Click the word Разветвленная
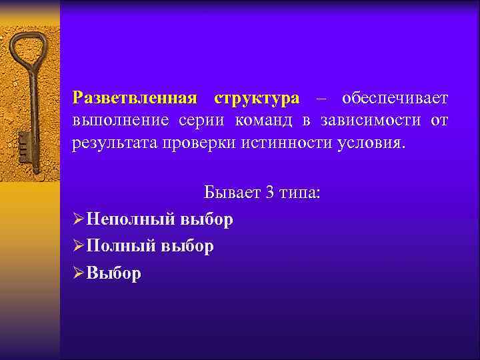pos(135,99)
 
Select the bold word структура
pos(257,99)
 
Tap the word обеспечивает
pos(395,99)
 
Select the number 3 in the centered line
pos(269,193)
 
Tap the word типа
pos(299,193)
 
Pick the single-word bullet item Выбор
pos(114,273)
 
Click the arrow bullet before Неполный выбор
pos(79,220)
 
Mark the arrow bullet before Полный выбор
pos(79,247)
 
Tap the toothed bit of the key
pos(25,143)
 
